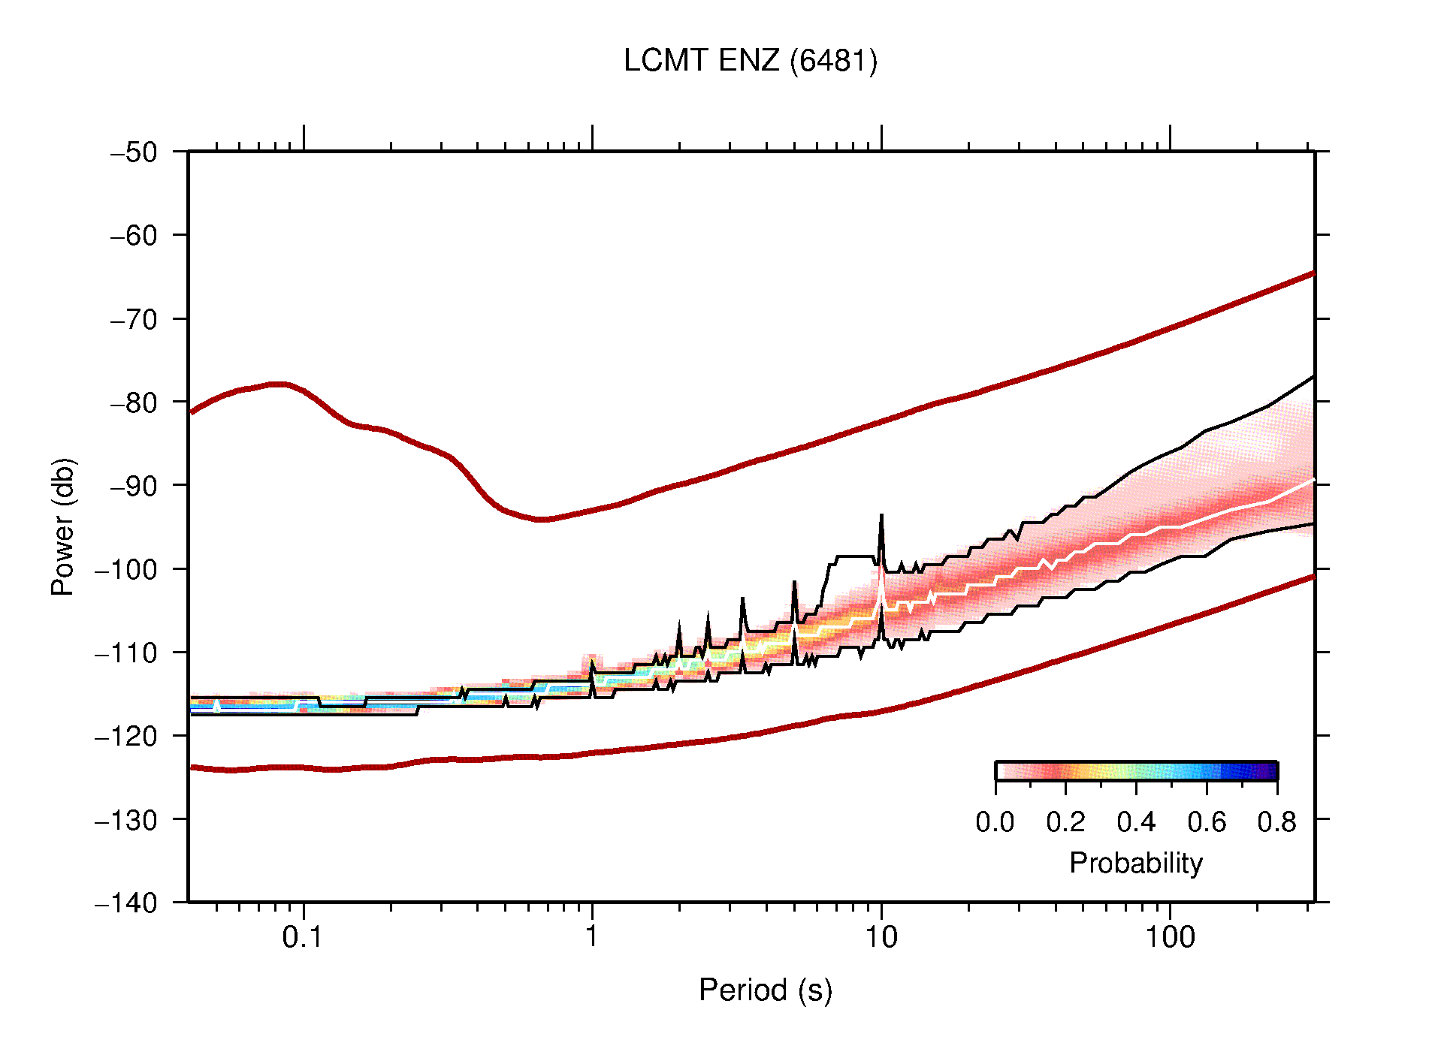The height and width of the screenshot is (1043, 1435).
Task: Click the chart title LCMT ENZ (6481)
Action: click(x=750, y=61)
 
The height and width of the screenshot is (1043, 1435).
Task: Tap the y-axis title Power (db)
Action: click(x=63, y=526)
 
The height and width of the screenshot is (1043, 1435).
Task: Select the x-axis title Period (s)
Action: click(x=765, y=990)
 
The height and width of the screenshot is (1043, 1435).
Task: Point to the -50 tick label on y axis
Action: click(x=134, y=152)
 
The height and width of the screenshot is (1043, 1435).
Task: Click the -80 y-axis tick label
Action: click(x=134, y=402)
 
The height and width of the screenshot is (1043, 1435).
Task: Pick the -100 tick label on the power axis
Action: click(x=126, y=569)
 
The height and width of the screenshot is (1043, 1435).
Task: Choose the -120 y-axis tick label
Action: click(x=126, y=736)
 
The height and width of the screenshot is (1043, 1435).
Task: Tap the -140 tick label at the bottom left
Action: click(x=126, y=903)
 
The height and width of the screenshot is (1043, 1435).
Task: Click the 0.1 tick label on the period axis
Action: click(x=303, y=937)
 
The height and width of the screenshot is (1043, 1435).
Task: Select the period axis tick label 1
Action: click(x=592, y=937)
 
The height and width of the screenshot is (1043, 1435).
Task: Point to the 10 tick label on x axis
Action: click(x=881, y=937)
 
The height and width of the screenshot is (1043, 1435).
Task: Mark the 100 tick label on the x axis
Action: click(x=1169, y=937)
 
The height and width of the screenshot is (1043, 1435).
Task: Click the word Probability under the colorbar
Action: click(x=1135, y=863)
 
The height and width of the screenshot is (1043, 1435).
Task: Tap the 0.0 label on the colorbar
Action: click(x=995, y=822)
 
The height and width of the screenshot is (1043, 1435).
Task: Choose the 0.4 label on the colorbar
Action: click(x=1136, y=822)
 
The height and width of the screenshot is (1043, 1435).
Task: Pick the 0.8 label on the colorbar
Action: click(x=1276, y=822)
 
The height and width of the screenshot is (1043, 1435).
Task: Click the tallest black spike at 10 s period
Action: click(x=881, y=517)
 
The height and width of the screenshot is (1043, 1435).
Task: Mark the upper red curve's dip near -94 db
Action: click(x=542, y=519)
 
